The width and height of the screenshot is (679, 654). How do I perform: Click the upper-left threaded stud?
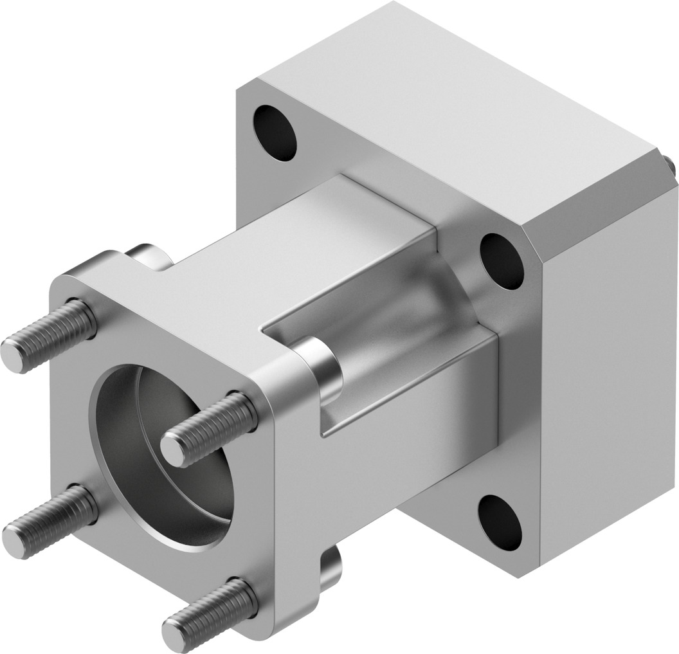coord(51,334)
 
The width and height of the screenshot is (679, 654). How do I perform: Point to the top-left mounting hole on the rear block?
coord(275,132)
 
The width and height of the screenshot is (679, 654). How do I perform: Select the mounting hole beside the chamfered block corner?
coord(502,260)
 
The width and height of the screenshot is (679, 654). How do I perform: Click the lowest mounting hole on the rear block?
coord(500,522)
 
